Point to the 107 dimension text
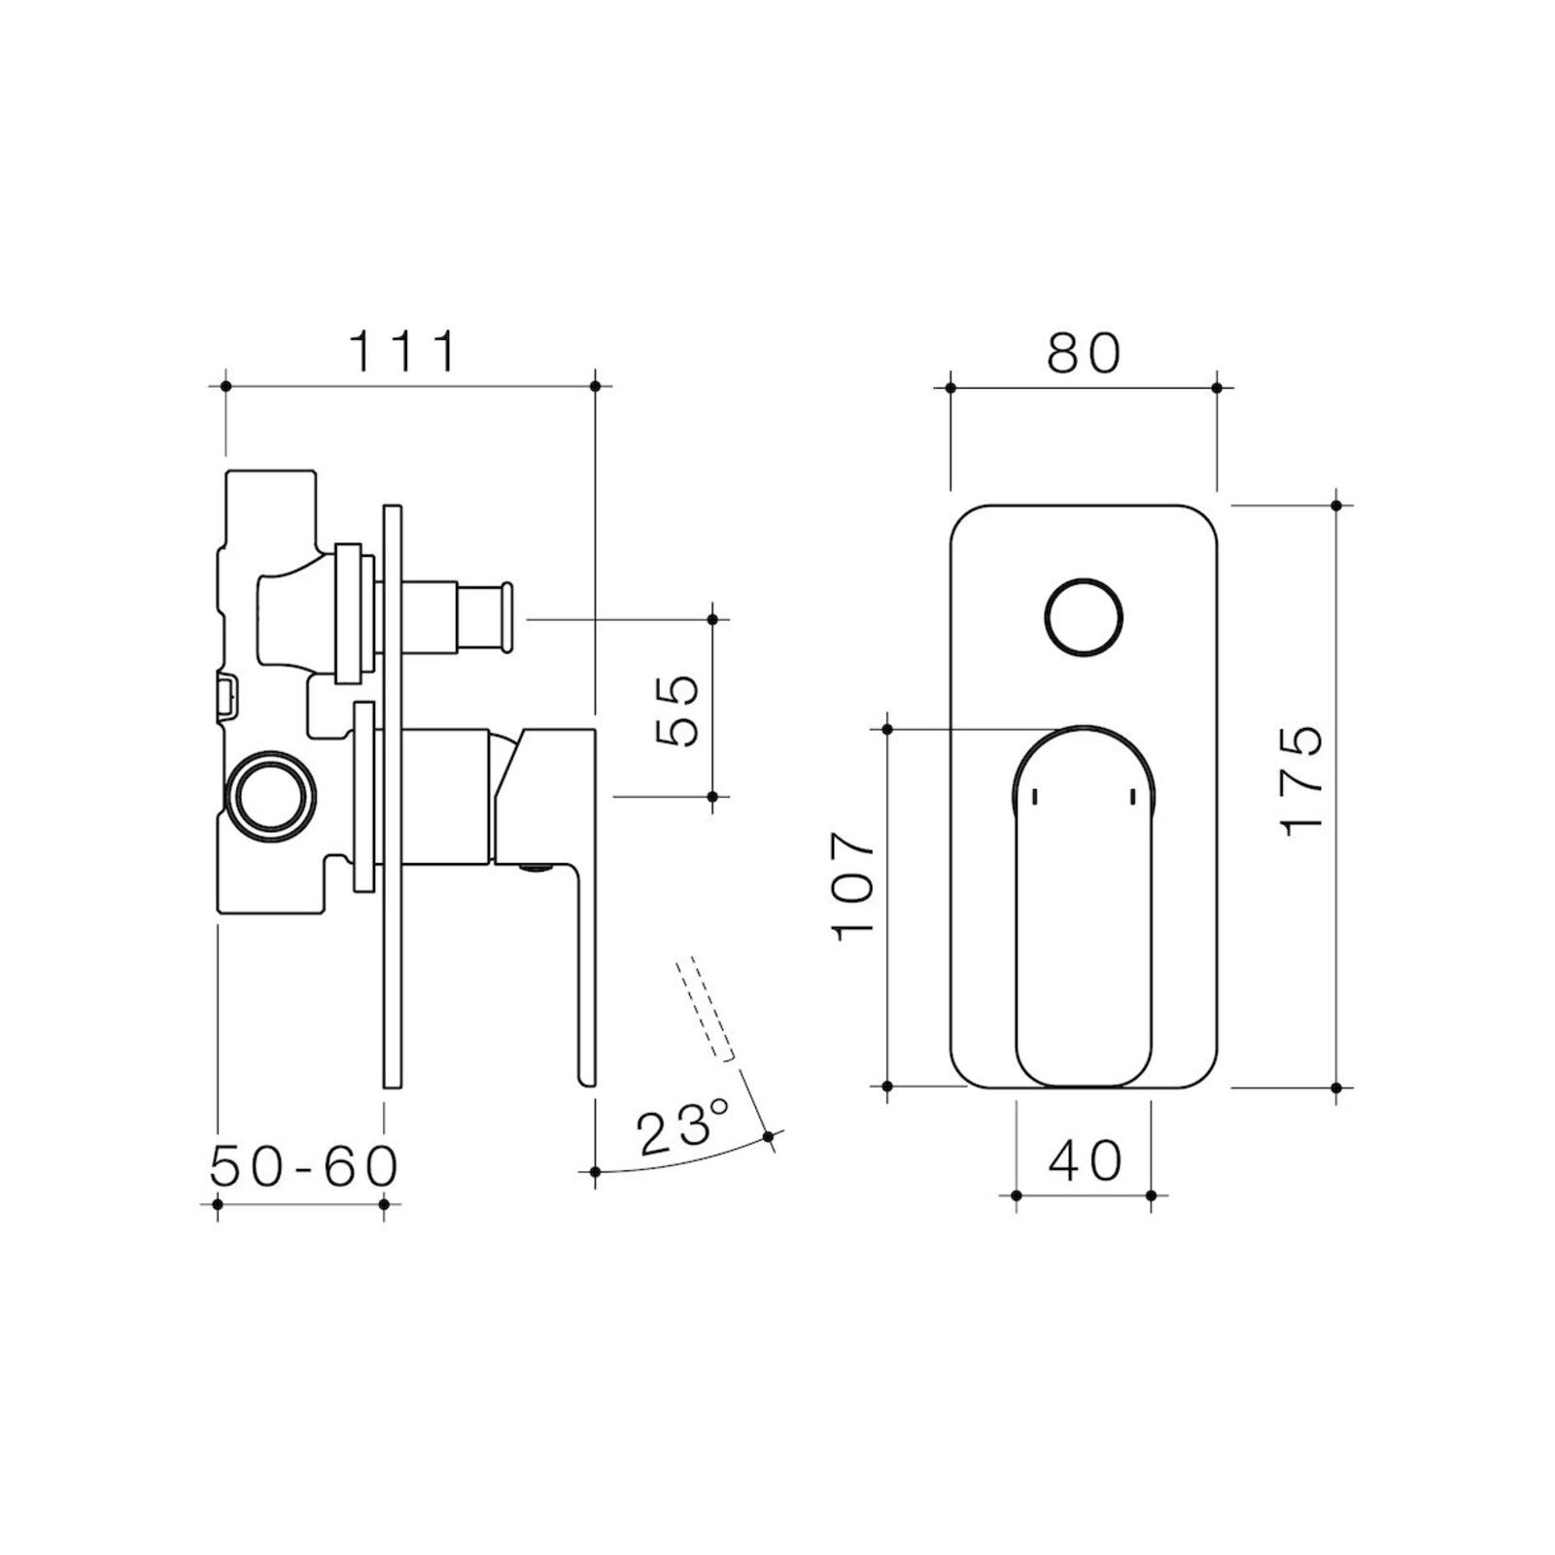tap(854, 883)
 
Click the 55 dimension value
tap(678, 710)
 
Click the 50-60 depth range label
tap(303, 1165)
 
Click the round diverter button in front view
tap(1084, 618)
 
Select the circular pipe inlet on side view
tap(273, 793)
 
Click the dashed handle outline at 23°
tap(706, 1010)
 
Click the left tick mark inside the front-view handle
tap(1034, 796)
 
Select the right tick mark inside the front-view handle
tap(1133, 796)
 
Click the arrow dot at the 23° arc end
tap(769, 1136)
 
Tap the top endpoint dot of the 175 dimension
tap(1336, 505)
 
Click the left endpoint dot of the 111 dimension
tap(225, 386)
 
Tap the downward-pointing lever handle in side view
tap(583, 972)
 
